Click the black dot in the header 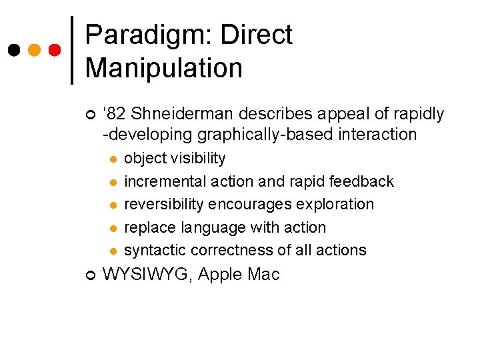[x=14, y=50]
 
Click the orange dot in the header [x=35, y=50]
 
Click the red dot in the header [x=55, y=50]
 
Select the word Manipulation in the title [x=164, y=68]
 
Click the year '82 [x=115, y=114]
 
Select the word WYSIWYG [x=145, y=274]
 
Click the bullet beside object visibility [x=113, y=159]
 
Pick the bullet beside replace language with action [x=113, y=229]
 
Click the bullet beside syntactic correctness [x=113, y=251]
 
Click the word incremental [x=160, y=181]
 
